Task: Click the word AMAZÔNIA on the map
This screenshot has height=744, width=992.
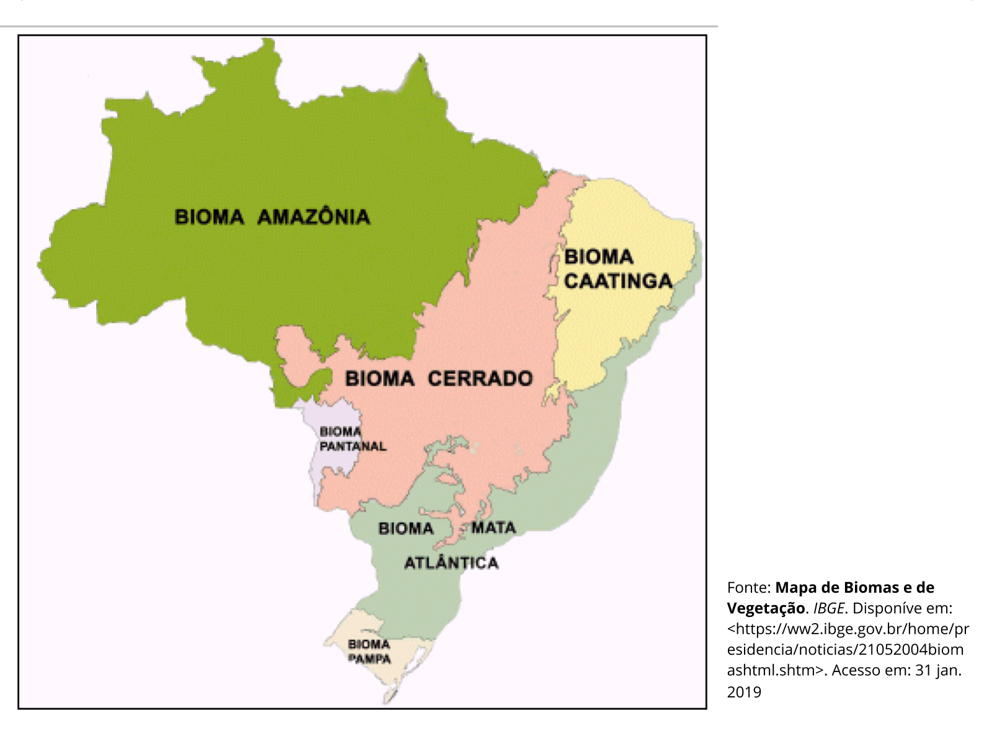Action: [x=314, y=217]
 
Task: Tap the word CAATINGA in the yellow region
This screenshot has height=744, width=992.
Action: [x=618, y=281]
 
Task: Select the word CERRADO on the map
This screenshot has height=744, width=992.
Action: [x=480, y=378]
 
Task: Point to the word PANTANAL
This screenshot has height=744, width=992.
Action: [x=353, y=446]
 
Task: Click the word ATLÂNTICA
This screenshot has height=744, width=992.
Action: [x=451, y=563]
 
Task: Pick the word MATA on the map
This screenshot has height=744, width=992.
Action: [x=494, y=528]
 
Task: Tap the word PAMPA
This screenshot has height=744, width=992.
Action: [x=370, y=659]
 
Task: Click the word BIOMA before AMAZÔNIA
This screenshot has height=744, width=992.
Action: [x=210, y=217]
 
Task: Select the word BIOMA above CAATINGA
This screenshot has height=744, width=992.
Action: [x=598, y=257]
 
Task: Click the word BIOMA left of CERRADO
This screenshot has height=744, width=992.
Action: [x=379, y=378]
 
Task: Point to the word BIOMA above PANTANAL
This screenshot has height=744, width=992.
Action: [x=340, y=432]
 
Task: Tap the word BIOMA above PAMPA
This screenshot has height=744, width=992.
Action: [x=369, y=644]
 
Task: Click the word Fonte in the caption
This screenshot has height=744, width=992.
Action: [x=748, y=588]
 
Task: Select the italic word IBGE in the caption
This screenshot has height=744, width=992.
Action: [x=828, y=608]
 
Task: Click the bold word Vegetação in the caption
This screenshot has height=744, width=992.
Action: [x=766, y=608]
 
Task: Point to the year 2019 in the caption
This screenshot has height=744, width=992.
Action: [x=744, y=692]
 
